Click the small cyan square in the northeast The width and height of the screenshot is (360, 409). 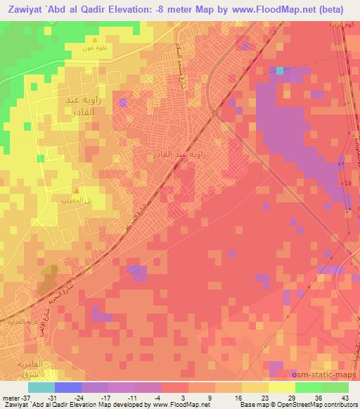point(280,70)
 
